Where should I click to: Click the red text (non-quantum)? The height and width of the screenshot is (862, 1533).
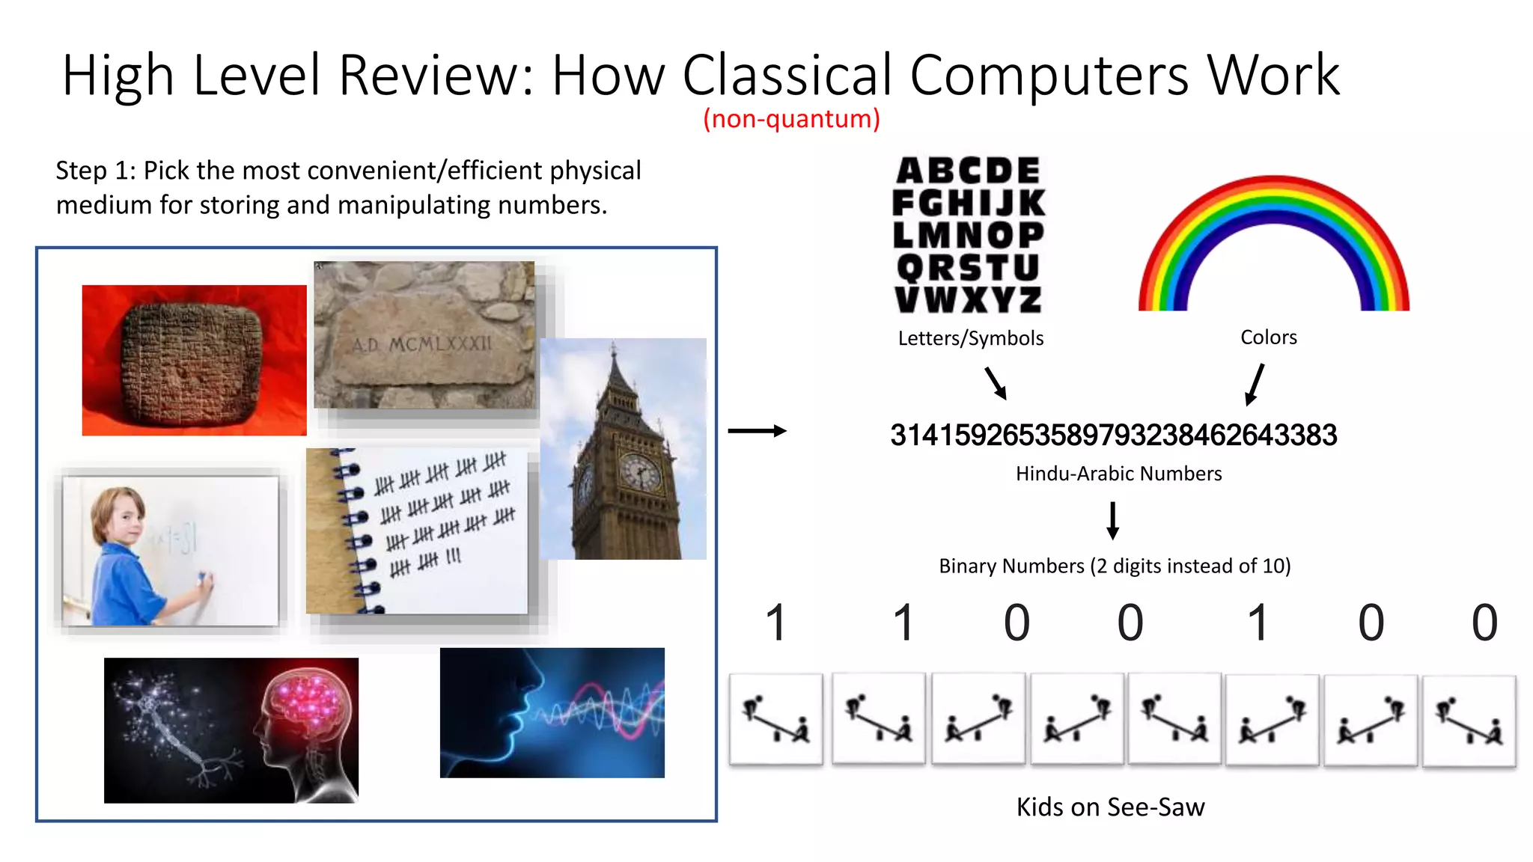[791, 118]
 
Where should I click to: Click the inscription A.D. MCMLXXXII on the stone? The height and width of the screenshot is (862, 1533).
[422, 344]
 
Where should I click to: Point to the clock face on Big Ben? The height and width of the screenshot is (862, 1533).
[639, 473]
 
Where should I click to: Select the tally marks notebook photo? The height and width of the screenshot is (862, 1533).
[418, 531]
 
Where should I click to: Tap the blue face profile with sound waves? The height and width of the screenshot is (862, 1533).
[552, 712]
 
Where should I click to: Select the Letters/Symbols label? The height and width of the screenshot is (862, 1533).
[970, 338]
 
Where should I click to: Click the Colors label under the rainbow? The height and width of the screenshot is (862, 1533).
[1268, 337]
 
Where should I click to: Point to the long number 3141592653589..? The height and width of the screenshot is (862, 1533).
[1113, 435]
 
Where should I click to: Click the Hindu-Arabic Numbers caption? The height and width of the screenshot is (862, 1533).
[1118, 474]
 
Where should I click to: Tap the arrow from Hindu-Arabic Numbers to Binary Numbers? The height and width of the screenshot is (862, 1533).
[1113, 521]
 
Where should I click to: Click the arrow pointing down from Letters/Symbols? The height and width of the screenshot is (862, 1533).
[996, 382]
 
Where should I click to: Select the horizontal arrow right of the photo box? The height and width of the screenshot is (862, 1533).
[757, 430]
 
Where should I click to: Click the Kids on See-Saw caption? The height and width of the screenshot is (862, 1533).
[1110, 807]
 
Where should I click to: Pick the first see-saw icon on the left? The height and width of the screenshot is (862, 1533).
[775, 719]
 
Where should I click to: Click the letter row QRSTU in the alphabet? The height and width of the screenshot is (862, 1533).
[968, 267]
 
